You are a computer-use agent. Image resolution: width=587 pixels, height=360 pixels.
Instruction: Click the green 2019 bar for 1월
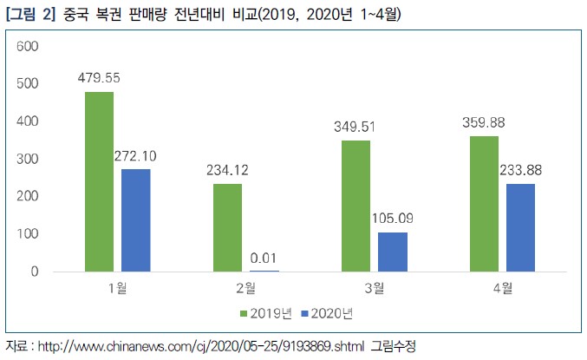pyautogui.click(x=100, y=181)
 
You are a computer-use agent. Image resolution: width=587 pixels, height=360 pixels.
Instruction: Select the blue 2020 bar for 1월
pyautogui.click(x=135, y=220)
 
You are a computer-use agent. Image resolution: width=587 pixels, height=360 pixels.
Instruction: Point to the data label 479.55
pyautogui.click(x=100, y=78)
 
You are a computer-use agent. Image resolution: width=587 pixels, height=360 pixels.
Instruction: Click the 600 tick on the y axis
pyautogui.click(x=27, y=46)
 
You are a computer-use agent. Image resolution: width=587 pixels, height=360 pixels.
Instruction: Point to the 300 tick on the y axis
pyautogui.click(x=27, y=159)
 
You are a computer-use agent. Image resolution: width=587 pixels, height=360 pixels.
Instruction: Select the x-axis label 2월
pyautogui.click(x=245, y=287)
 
